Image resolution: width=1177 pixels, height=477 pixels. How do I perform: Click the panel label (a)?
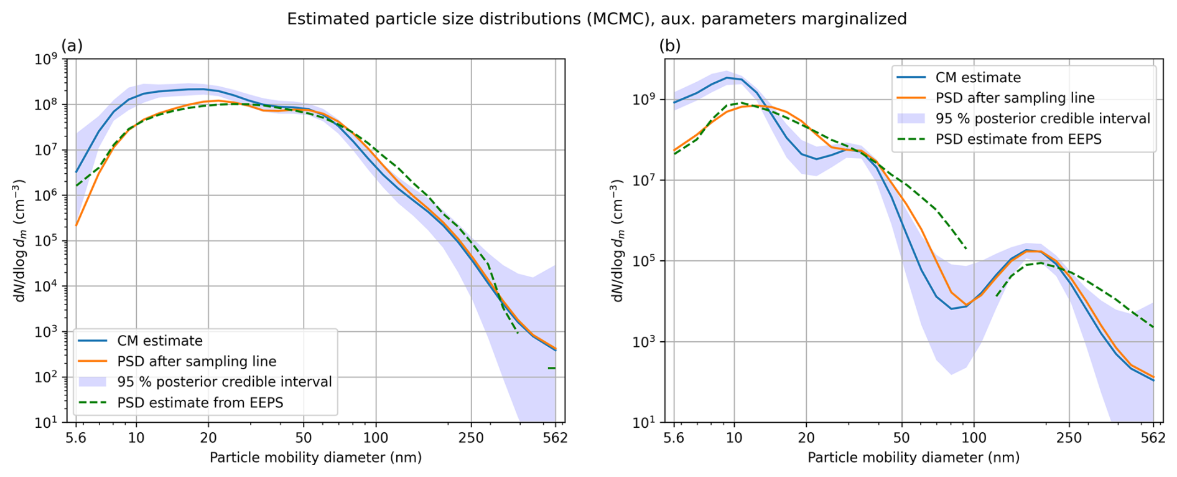(x=72, y=45)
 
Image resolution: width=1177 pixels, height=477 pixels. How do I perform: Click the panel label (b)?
(x=670, y=45)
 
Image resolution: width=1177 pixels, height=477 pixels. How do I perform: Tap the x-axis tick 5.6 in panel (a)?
(x=76, y=438)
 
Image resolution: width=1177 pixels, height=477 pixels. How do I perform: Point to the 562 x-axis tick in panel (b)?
(x=1153, y=438)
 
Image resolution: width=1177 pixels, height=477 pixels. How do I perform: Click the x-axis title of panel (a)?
(x=315, y=458)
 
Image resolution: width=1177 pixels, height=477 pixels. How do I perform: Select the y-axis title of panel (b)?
(x=617, y=241)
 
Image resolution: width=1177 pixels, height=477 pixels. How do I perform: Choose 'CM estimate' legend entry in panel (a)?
(x=160, y=341)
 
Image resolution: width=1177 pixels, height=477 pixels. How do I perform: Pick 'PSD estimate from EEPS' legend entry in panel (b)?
(x=1018, y=139)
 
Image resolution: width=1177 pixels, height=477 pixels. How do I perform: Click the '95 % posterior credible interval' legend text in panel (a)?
(x=225, y=382)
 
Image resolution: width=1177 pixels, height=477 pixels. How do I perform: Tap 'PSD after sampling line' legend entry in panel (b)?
(x=1015, y=98)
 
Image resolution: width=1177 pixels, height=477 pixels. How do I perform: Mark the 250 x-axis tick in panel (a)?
(x=471, y=438)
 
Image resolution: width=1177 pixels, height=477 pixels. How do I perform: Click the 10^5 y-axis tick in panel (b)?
(x=645, y=262)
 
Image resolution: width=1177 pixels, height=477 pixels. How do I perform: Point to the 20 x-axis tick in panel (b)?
(x=806, y=438)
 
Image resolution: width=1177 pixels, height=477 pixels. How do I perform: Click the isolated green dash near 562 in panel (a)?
(x=551, y=368)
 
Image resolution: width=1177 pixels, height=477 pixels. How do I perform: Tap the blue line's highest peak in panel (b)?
(x=727, y=78)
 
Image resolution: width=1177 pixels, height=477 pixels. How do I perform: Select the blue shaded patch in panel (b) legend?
(x=912, y=118)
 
